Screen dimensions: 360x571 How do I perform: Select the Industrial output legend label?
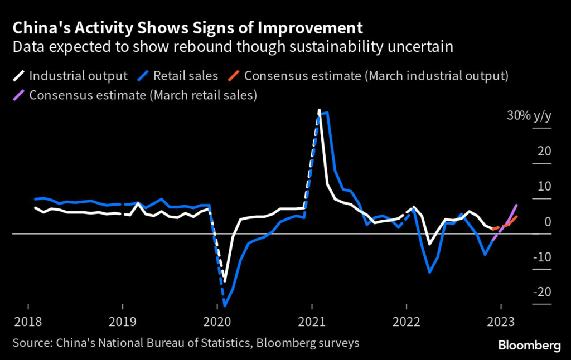[x=78, y=75]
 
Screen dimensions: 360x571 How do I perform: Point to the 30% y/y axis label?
[x=528, y=116]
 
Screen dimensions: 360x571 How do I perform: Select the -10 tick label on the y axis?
[x=541, y=257]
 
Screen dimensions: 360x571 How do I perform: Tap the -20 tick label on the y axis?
[x=541, y=292]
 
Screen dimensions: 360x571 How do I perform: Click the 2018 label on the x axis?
[x=27, y=322]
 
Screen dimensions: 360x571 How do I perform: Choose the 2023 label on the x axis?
[x=501, y=322]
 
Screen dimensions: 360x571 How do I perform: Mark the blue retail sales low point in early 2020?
[x=225, y=305]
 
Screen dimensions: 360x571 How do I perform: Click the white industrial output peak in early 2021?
[x=319, y=110]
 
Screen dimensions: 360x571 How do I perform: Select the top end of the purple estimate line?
[x=516, y=205]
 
